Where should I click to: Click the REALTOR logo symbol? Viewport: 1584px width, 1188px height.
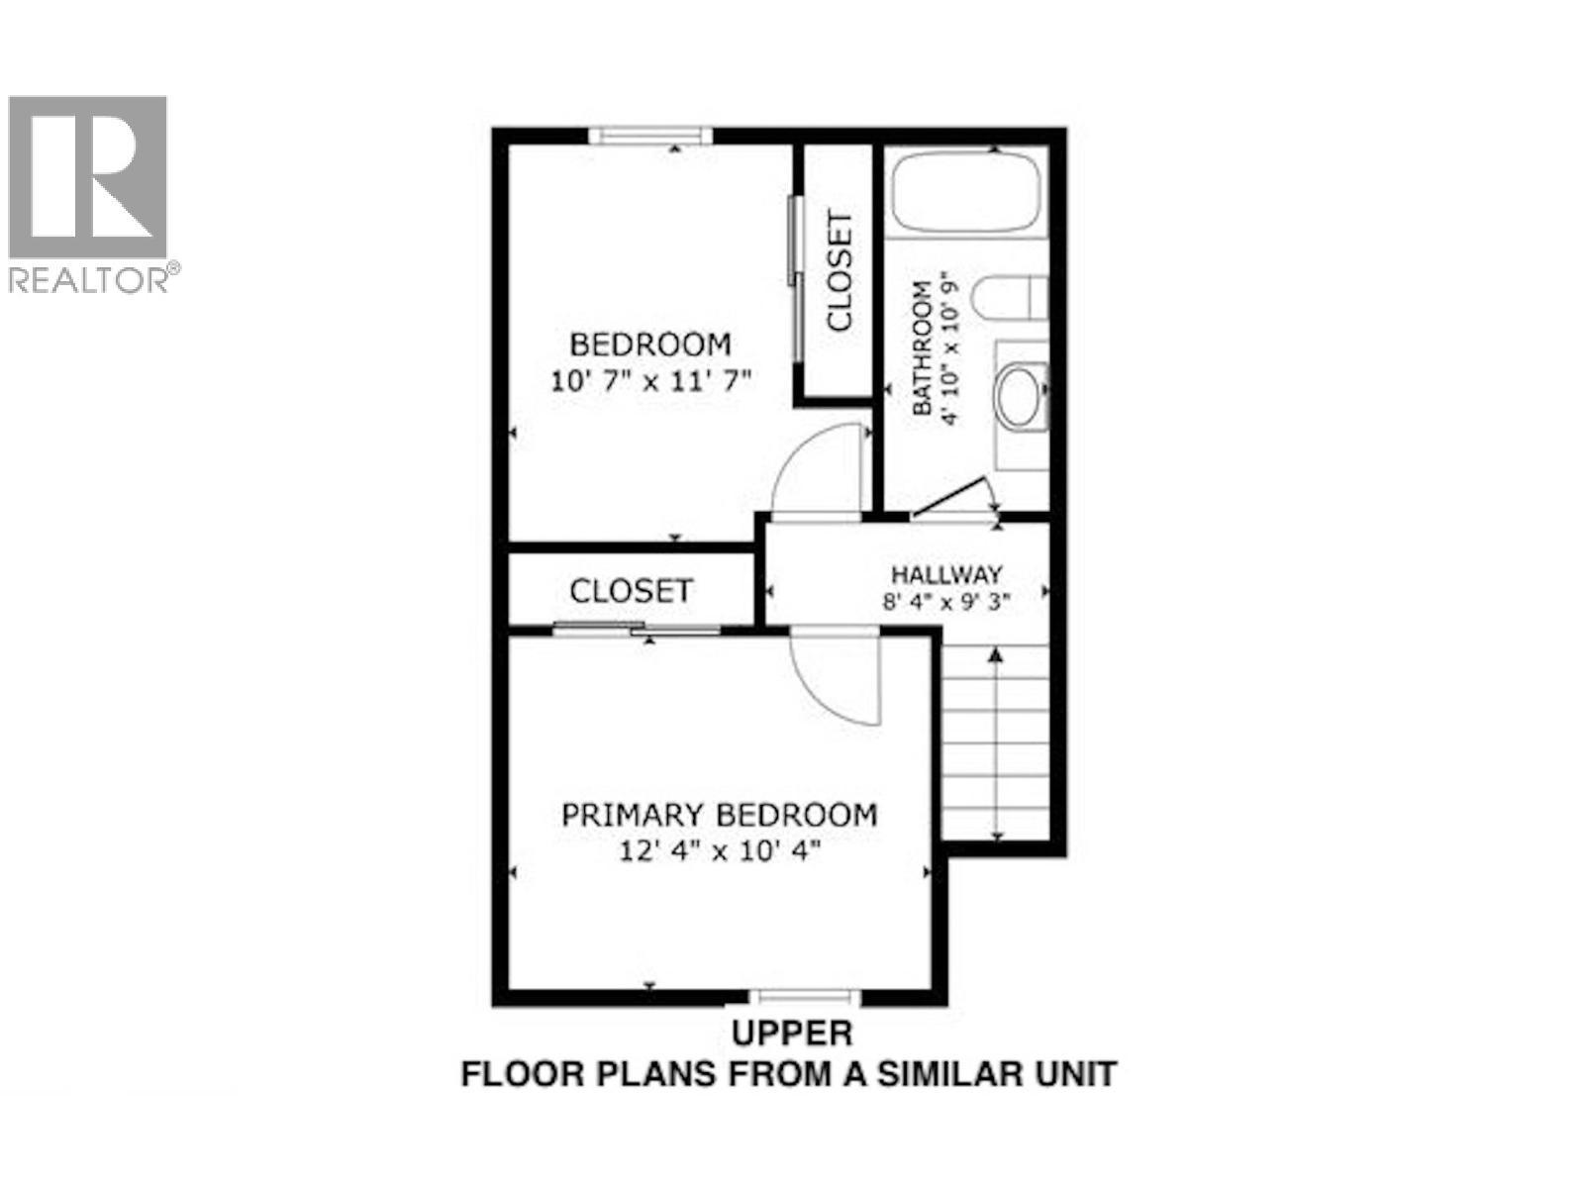click(87, 178)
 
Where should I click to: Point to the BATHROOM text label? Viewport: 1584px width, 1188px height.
click(921, 348)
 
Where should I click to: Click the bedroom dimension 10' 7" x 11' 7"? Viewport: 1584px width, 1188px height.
click(651, 381)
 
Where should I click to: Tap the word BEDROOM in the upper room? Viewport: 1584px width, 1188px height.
click(650, 345)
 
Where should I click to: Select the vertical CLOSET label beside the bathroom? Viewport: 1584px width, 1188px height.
click(840, 270)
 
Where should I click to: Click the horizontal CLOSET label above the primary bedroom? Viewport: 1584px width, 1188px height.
click(631, 591)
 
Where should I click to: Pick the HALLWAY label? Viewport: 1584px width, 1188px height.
click(946, 574)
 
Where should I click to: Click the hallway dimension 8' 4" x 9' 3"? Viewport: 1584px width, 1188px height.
click(946, 601)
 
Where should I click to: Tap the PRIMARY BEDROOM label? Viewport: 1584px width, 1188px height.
click(719, 815)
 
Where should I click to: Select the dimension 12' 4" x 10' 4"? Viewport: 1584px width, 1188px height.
click(719, 850)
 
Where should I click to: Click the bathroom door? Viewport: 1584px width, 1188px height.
click(950, 498)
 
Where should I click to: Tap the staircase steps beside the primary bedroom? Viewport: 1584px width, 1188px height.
click(995, 742)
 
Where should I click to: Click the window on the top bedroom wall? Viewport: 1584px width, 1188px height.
click(649, 136)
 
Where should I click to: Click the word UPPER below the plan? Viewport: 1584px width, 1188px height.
click(791, 1033)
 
